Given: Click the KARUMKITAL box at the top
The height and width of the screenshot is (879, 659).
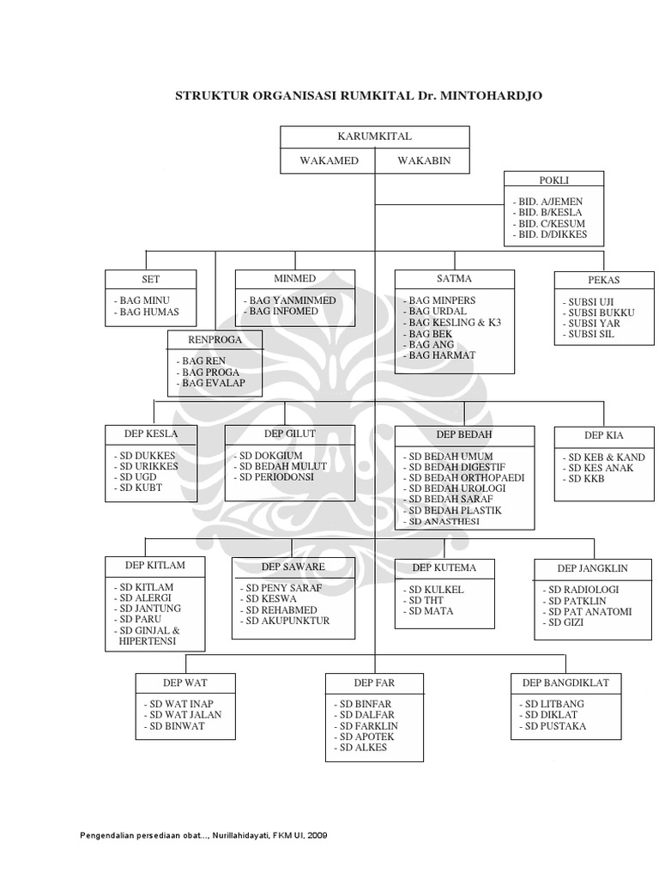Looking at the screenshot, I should pyautogui.click(x=375, y=136).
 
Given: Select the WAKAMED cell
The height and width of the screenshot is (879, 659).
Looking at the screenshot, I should pyautogui.click(x=329, y=161).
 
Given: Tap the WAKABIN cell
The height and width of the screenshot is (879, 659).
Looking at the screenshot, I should pyautogui.click(x=423, y=161).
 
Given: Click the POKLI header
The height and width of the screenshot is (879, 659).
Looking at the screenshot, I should pyautogui.click(x=553, y=180).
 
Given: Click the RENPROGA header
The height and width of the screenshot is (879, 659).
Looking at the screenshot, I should pyautogui.click(x=215, y=340).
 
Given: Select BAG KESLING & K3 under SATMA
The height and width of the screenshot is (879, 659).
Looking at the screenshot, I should pyautogui.click(x=454, y=323).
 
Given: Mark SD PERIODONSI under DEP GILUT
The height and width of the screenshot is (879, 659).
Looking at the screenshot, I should pyautogui.click(x=276, y=476).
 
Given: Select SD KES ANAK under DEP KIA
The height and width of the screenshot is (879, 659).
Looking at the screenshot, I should pyautogui.click(x=600, y=468).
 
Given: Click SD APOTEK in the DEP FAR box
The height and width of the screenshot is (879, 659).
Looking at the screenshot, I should pyautogui.click(x=362, y=737).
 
